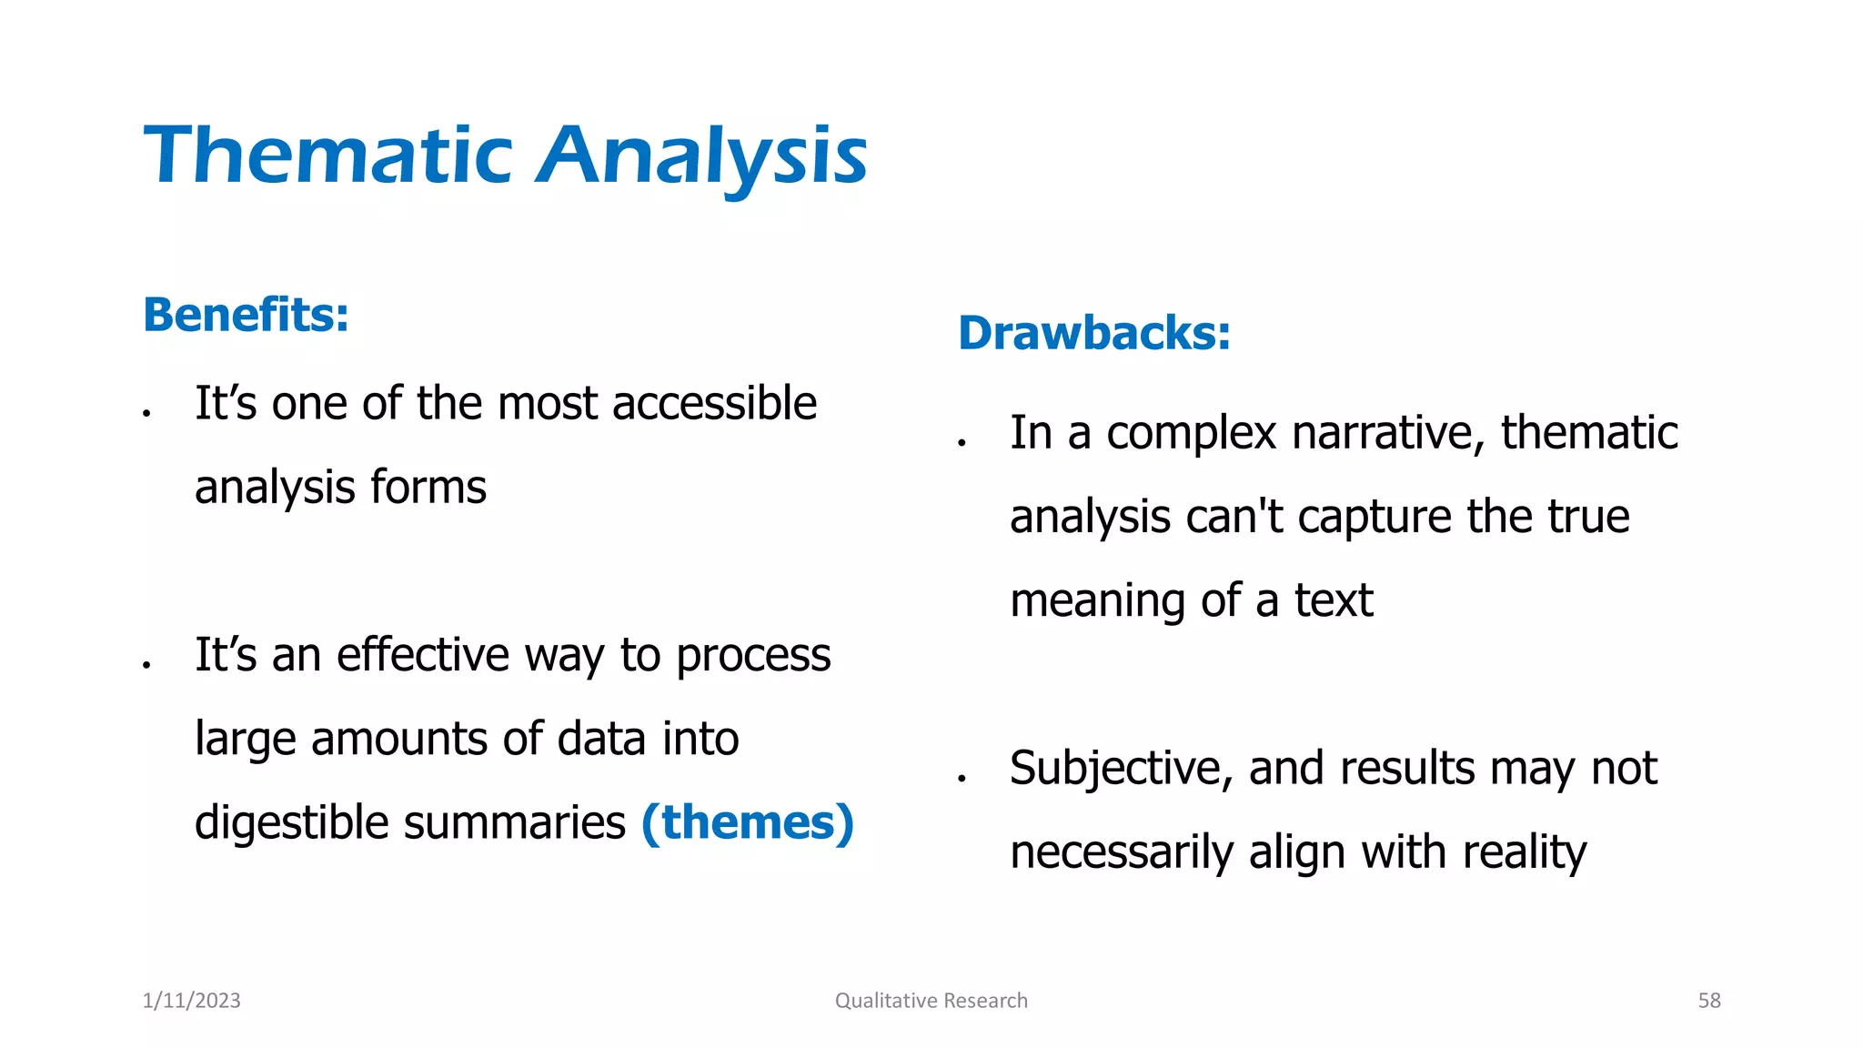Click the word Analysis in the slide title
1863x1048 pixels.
click(x=702, y=156)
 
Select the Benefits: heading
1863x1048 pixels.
click(x=246, y=315)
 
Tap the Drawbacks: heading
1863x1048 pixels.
click(x=1094, y=333)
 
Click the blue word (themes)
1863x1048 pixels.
click(x=748, y=822)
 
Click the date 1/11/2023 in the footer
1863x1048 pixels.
click(x=192, y=1001)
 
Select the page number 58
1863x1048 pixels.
click(x=1709, y=1001)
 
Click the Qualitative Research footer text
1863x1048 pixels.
click(x=931, y=1001)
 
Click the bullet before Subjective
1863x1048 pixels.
click(x=961, y=779)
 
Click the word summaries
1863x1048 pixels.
click(x=515, y=822)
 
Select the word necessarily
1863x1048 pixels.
click(x=1121, y=853)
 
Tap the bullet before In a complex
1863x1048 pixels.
click(x=961, y=443)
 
